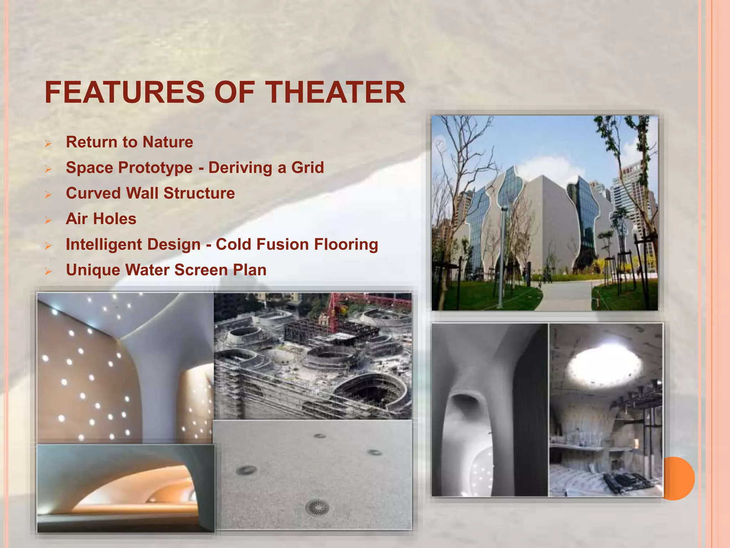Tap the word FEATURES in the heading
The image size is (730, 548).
tap(125, 92)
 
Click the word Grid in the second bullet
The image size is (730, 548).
tap(308, 167)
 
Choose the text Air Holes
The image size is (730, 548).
tap(101, 219)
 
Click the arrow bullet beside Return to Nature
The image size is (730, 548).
tap(48, 143)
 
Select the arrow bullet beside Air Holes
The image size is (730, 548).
tap(48, 220)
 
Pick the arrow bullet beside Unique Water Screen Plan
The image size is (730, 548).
tap(48, 272)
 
